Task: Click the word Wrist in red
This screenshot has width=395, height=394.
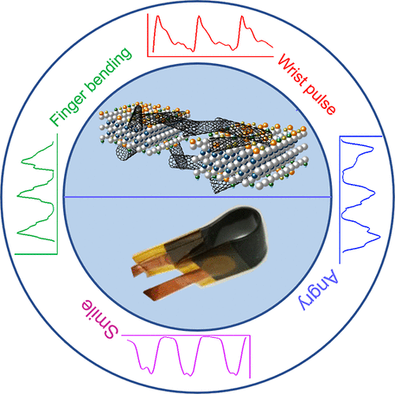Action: [x=293, y=70]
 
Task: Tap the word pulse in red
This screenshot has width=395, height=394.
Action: [x=319, y=99]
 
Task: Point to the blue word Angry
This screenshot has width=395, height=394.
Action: [x=318, y=289]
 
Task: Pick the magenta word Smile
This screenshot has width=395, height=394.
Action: [x=100, y=319]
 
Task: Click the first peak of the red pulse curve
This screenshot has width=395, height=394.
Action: [x=158, y=17]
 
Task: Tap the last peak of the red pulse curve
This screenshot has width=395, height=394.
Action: [x=242, y=17]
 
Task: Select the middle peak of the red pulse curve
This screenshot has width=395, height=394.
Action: [x=199, y=17]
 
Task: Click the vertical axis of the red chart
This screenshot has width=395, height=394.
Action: [x=148, y=35]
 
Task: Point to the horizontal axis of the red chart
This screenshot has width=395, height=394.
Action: [x=210, y=56]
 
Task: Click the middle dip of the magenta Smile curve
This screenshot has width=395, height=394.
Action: [x=188, y=373]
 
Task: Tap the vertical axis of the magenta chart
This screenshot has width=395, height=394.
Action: [x=250, y=357]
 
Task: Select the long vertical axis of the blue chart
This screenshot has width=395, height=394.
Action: [x=340, y=200]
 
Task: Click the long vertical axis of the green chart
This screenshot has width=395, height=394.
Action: [x=57, y=194]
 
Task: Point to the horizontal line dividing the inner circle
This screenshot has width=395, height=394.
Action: [x=197, y=197]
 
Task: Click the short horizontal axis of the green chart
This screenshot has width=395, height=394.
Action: [x=36, y=254]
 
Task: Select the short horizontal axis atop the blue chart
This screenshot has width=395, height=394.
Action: [x=361, y=137]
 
